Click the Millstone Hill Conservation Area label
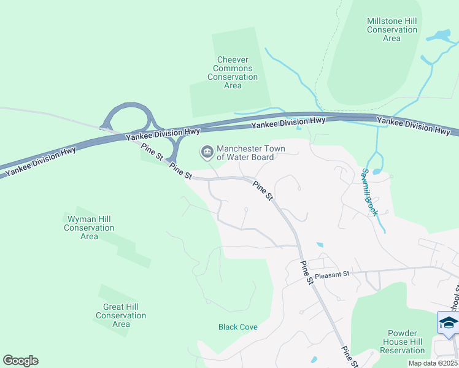point(391,29)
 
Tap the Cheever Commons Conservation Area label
point(233,73)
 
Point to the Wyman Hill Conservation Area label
point(89,228)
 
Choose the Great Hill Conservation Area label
point(121,315)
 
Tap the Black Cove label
point(238,327)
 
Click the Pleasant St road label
point(333,274)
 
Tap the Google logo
point(20,361)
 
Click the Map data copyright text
point(433,363)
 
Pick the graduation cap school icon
point(449,323)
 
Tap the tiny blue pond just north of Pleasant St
point(320,245)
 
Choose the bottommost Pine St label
point(348,356)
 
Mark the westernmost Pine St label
point(151,151)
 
